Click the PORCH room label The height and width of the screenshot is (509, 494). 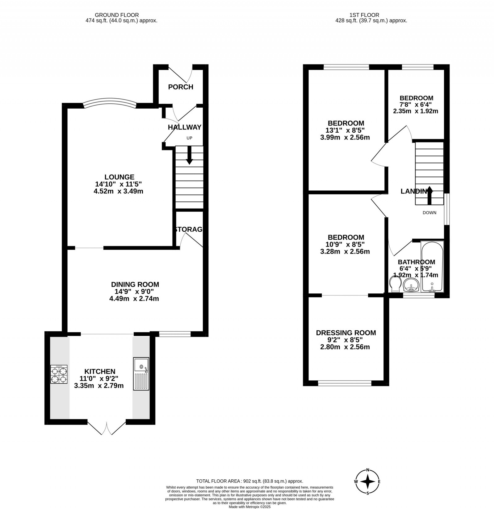point(181,87)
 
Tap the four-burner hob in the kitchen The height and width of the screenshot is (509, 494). point(59,374)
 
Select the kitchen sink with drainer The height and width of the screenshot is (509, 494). point(141,374)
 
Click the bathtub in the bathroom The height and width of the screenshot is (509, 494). point(432,267)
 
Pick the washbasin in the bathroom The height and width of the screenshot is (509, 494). point(411,285)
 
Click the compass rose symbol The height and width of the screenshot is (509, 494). point(367,490)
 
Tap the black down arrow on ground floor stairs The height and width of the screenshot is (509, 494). point(189,155)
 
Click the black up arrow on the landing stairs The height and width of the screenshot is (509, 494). point(429,196)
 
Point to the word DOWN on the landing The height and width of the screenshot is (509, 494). point(429,213)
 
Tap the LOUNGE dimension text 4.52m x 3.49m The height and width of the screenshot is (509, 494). point(119,191)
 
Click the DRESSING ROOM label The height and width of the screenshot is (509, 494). point(346,333)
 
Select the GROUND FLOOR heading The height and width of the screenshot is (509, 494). point(117,15)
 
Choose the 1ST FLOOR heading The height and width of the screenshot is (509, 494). point(364,15)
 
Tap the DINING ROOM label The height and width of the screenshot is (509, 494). point(135,284)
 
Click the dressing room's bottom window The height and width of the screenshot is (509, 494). point(345,383)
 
